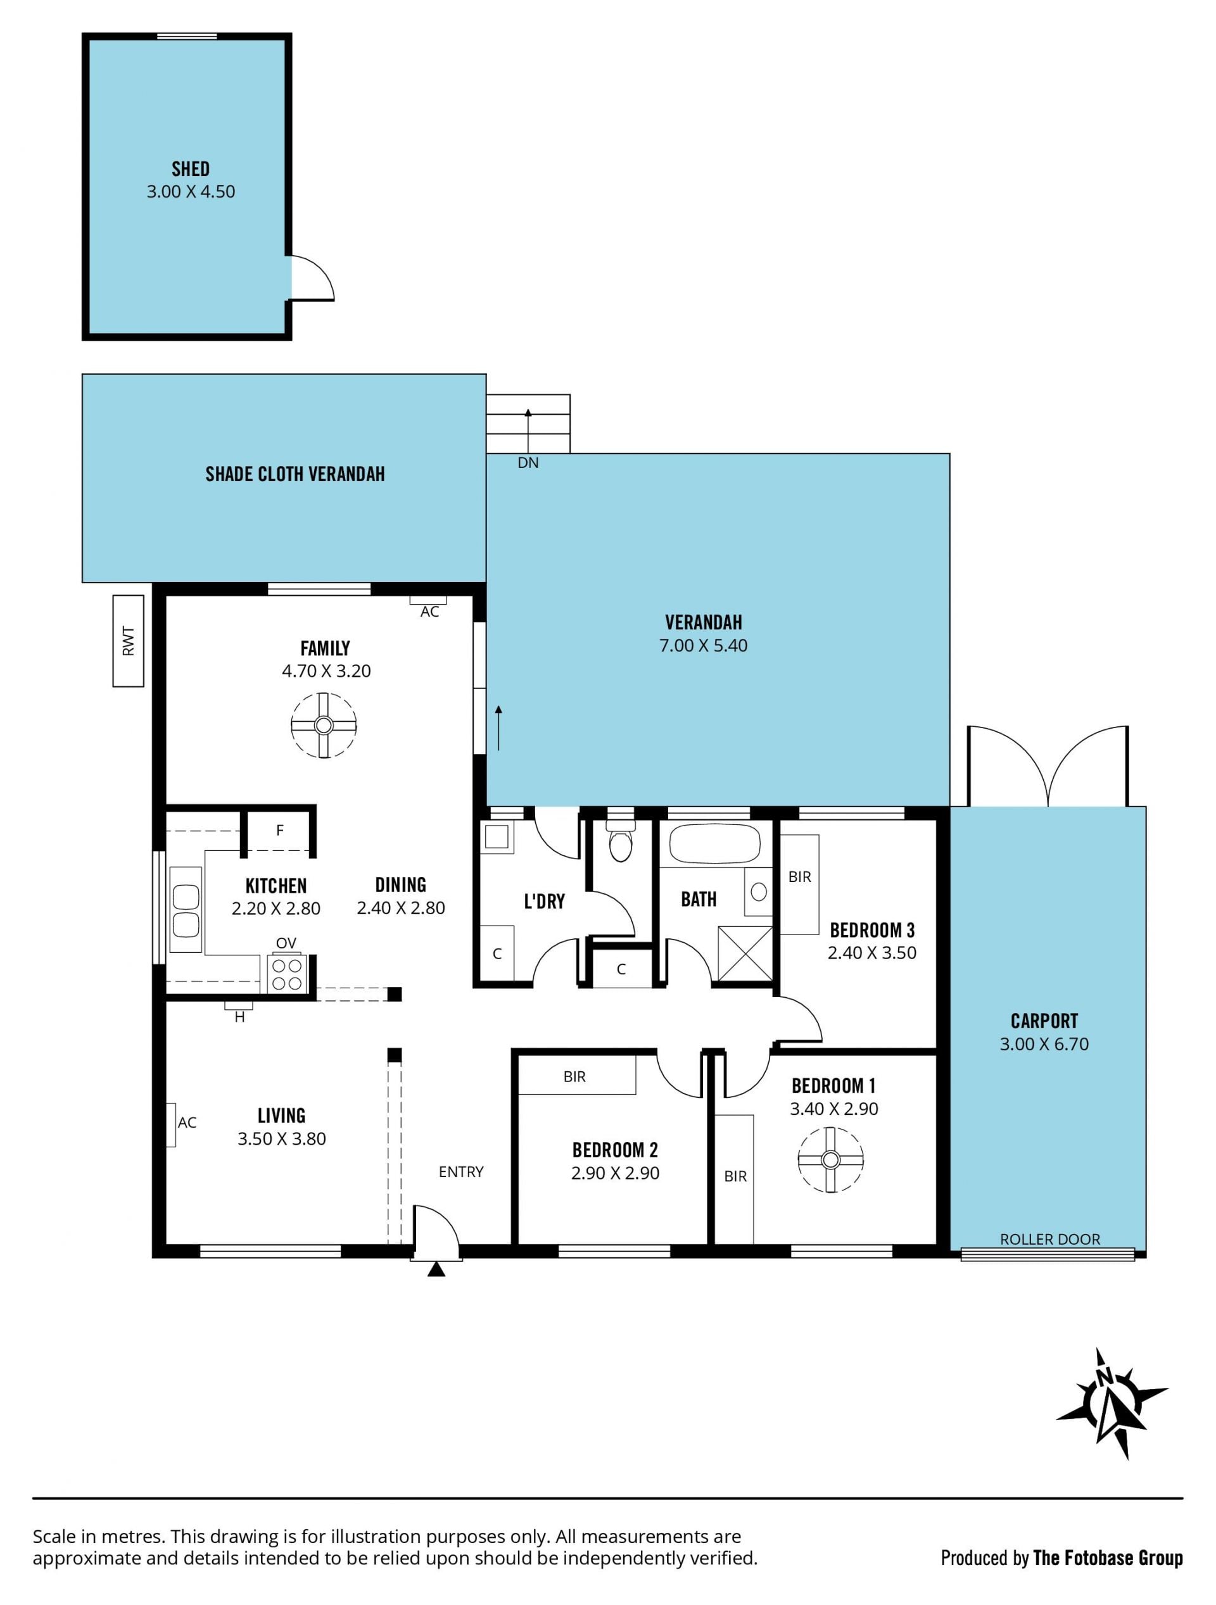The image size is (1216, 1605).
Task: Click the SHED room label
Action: pyautogui.click(x=190, y=169)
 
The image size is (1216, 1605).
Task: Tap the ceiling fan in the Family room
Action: pyautogui.click(x=324, y=725)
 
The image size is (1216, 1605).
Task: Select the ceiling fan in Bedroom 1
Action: pyautogui.click(x=830, y=1159)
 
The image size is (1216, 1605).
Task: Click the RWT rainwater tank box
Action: pyautogui.click(x=129, y=641)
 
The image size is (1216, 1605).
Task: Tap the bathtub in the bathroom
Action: pyautogui.click(x=714, y=844)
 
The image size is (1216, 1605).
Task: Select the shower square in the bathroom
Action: pyautogui.click(x=745, y=954)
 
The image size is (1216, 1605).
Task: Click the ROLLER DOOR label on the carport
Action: pyautogui.click(x=1050, y=1239)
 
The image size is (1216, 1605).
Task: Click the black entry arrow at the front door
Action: pyautogui.click(x=436, y=1268)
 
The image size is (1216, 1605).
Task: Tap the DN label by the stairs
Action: pyautogui.click(x=528, y=463)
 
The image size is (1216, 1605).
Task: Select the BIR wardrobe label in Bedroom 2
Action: pyautogui.click(x=574, y=1077)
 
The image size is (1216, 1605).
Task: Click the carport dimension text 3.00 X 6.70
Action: pyautogui.click(x=1044, y=1044)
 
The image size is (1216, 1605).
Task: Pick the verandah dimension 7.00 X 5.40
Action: pyautogui.click(x=703, y=645)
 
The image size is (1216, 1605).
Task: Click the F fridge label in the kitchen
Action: pyautogui.click(x=280, y=830)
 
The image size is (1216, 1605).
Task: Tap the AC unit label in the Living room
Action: pyautogui.click(x=187, y=1123)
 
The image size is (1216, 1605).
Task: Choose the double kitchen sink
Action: pyautogui.click(x=185, y=910)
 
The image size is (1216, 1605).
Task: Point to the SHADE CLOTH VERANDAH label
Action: pyautogui.click(x=294, y=474)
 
